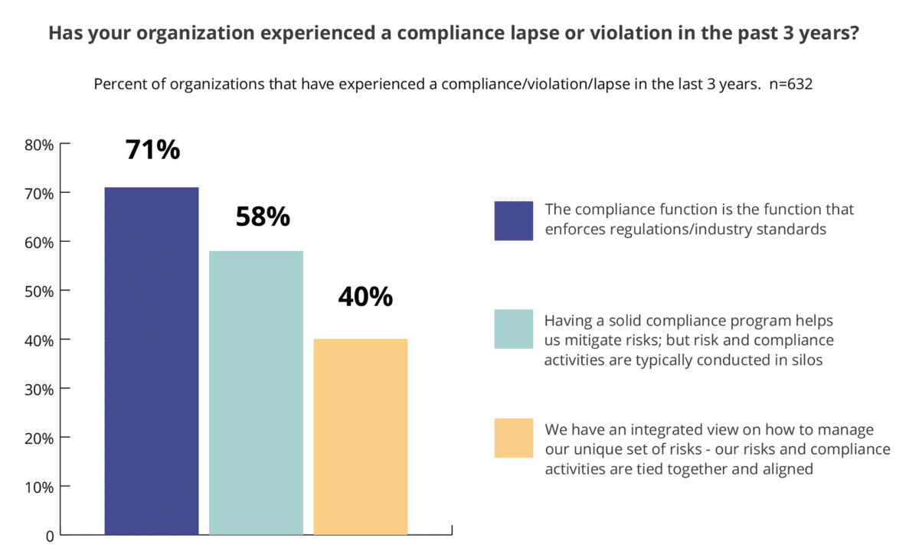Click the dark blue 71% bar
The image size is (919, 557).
pos(152,360)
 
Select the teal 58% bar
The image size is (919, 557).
pos(256,392)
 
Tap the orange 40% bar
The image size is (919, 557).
pos(361,436)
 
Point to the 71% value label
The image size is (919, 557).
pos(152,150)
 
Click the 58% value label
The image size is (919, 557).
pos(262,217)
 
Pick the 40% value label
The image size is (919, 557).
pos(365,296)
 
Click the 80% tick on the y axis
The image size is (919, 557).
pos(39,144)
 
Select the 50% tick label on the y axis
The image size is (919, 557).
pos(39,291)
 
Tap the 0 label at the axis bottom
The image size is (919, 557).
pos(50,536)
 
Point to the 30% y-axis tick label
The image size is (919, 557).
pos(39,389)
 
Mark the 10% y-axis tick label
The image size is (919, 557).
pos(39,487)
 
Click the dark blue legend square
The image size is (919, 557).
pos(513,220)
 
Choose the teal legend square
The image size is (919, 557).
pos(513,329)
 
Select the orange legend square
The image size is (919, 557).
pos(513,438)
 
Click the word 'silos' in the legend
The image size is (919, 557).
pos(806,360)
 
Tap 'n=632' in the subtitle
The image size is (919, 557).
pos(790,84)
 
